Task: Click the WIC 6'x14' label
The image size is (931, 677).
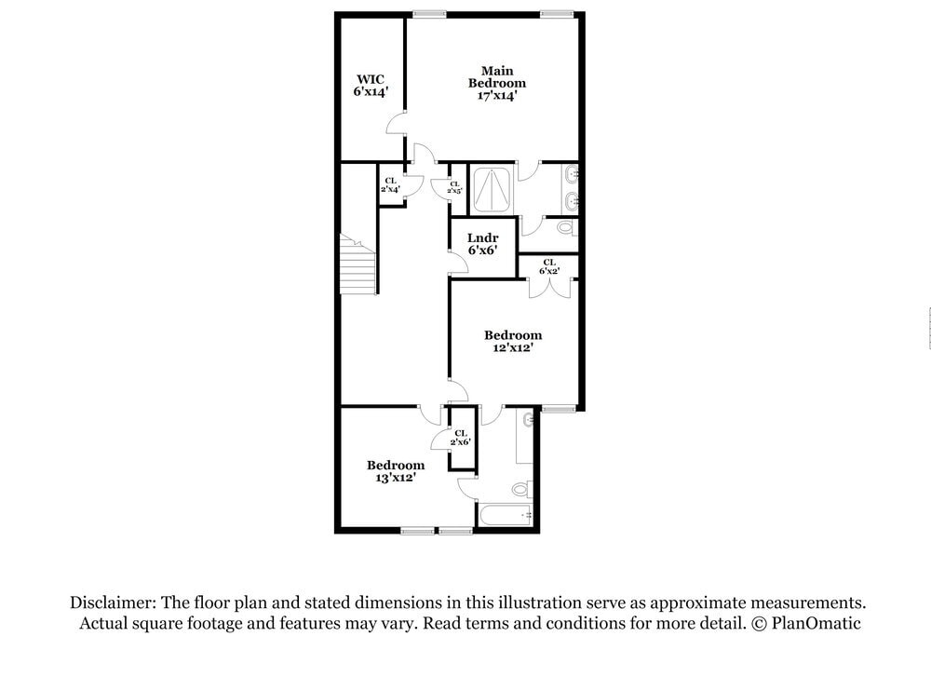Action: pyautogui.click(x=370, y=86)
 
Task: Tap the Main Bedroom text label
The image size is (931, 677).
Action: pyautogui.click(x=496, y=76)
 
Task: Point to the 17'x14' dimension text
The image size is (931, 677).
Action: pyautogui.click(x=496, y=95)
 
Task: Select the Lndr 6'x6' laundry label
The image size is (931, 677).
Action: pyautogui.click(x=482, y=244)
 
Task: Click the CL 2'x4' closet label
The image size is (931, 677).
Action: pyautogui.click(x=390, y=184)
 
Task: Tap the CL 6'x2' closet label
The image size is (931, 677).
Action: pyautogui.click(x=549, y=267)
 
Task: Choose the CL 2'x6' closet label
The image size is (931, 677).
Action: pyautogui.click(x=461, y=438)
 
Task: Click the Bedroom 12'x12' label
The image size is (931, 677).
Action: pyautogui.click(x=512, y=341)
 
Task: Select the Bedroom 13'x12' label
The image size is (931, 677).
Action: pyautogui.click(x=395, y=470)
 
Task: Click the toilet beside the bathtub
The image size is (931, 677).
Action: pyautogui.click(x=521, y=488)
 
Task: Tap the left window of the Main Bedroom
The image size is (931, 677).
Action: pyautogui.click(x=428, y=14)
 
